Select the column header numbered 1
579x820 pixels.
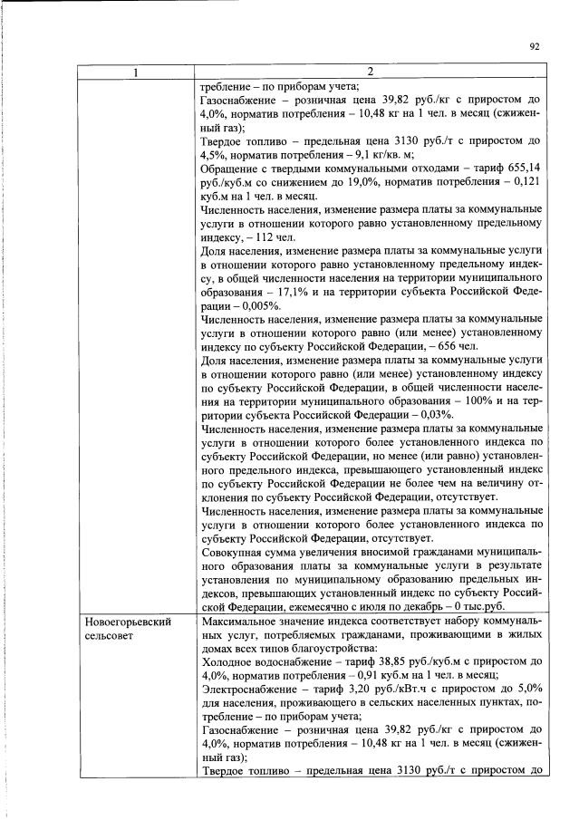136,72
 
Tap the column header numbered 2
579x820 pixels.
370,72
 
